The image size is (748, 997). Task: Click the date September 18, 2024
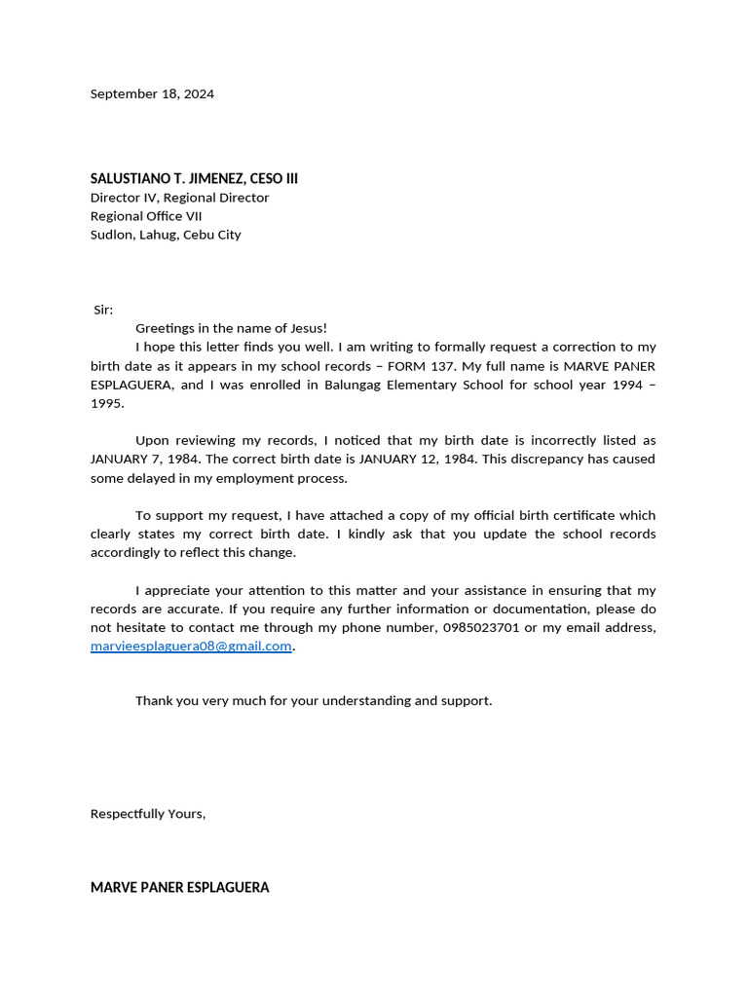152,94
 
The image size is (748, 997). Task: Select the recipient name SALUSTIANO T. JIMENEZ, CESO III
194,178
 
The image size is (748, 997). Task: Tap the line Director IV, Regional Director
179,198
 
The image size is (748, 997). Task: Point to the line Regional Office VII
146,216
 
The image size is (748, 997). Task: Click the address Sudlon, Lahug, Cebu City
166,235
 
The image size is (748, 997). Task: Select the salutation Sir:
103,310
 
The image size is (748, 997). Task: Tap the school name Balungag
355,385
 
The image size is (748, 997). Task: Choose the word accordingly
134,553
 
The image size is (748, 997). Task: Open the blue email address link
191,646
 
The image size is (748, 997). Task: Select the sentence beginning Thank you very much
314,701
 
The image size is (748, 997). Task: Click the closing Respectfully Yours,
148,814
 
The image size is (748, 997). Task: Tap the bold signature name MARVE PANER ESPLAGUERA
180,888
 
